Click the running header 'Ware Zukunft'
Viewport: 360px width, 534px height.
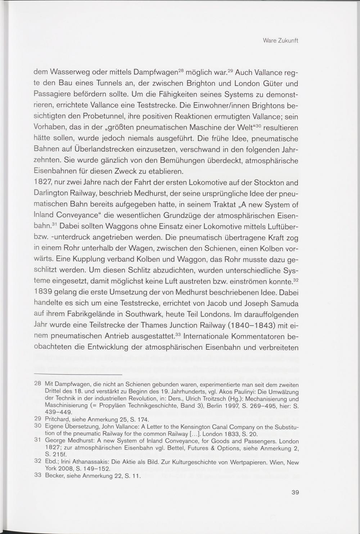click(x=280, y=41)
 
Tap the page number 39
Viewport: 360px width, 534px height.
click(x=295, y=492)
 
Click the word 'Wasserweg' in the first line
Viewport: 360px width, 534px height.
click(x=68, y=72)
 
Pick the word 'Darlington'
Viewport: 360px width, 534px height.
click(x=52, y=194)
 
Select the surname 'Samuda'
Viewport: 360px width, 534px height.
click(x=282, y=303)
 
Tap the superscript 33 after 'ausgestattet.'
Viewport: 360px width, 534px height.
click(x=177, y=334)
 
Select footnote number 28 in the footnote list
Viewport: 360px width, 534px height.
click(x=37, y=384)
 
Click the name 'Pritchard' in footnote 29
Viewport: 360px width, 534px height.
click(x=58, y=419)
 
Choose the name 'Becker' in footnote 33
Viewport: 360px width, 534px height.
click(x=54, y=476)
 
